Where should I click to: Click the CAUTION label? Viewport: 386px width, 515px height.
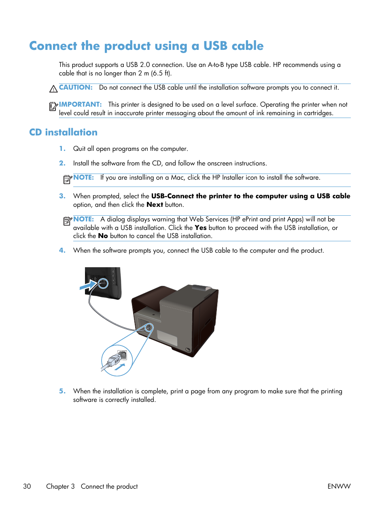click(x=76, y=87)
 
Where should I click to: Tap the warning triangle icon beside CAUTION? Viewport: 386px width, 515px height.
click(x=53, y=89)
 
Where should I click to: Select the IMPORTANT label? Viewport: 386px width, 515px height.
click(x=80, y=104)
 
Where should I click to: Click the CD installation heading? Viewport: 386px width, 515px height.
click(x=63, y=132)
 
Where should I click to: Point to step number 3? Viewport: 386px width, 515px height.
click(x=62, y=196)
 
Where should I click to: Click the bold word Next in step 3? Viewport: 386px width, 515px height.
click(x=155, y=204)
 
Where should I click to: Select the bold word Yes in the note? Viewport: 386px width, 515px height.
click(x=200, y=227)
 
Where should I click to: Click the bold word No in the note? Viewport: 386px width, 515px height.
click(x=103, y=236)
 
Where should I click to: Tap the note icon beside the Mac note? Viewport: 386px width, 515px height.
click(x=68, y=179)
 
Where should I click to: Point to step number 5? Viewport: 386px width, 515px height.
click(x=62, y=391)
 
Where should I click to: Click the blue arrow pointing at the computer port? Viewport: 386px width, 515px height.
click(x=88, y=286)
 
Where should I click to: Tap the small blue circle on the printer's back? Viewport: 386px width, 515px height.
click(x=149, y=327)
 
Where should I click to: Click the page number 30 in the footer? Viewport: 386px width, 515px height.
click(x=27, y=486)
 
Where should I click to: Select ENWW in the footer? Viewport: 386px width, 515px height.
click(x=339, y=486)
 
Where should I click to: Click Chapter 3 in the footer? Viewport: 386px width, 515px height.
click(x=60, y=486)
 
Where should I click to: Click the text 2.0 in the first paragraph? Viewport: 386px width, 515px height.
click(x=144, y=64)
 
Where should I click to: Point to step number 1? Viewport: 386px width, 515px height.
click(x=62, y=148)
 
